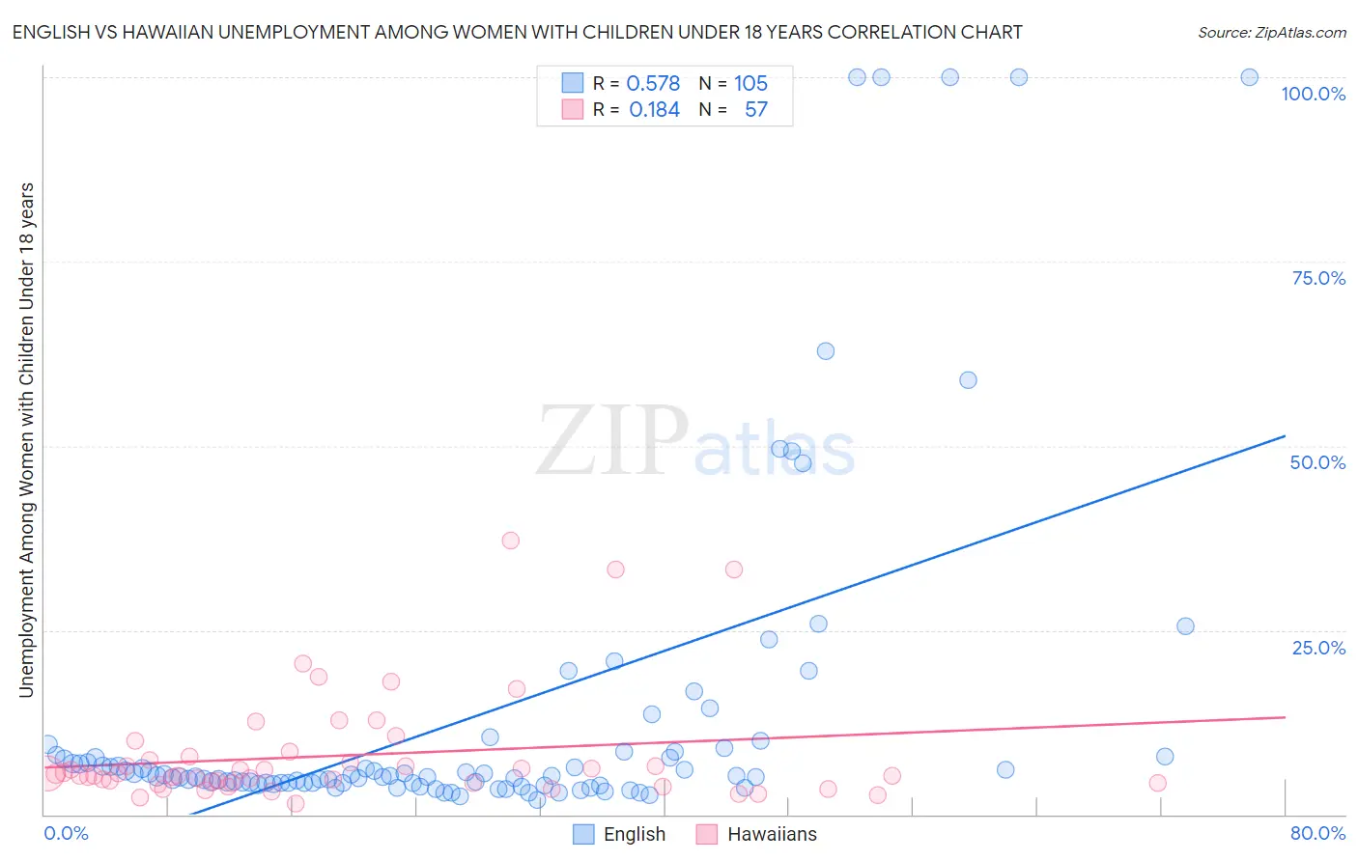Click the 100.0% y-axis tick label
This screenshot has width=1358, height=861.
click(1313, 94)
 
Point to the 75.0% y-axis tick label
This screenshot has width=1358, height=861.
click(1318, 278)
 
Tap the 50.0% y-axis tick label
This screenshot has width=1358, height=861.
click(1317, 462)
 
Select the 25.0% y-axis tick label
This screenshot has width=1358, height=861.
click(1318, 648)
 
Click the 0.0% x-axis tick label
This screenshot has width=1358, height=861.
click(66, 834)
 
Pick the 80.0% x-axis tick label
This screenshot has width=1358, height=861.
click(1317, 834)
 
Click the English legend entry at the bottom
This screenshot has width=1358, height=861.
click(634, 835)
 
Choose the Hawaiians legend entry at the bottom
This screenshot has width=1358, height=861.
click(771, 835)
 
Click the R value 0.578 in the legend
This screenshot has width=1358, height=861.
click(653, 83)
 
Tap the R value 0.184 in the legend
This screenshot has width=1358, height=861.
click(654, 110)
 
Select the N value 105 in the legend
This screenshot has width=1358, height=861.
click(750, 83)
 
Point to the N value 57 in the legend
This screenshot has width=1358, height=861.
click(755, 110)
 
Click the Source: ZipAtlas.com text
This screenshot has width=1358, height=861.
click(1271, 33)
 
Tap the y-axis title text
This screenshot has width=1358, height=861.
click(26, 439)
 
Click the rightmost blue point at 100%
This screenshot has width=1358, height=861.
click(1249, 77)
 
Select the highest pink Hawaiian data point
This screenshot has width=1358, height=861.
click(510, 541)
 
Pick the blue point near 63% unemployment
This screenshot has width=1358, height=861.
click(825, 351)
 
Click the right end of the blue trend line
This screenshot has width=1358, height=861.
click(1285, 436)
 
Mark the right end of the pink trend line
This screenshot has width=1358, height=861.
click(1285, 717)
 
